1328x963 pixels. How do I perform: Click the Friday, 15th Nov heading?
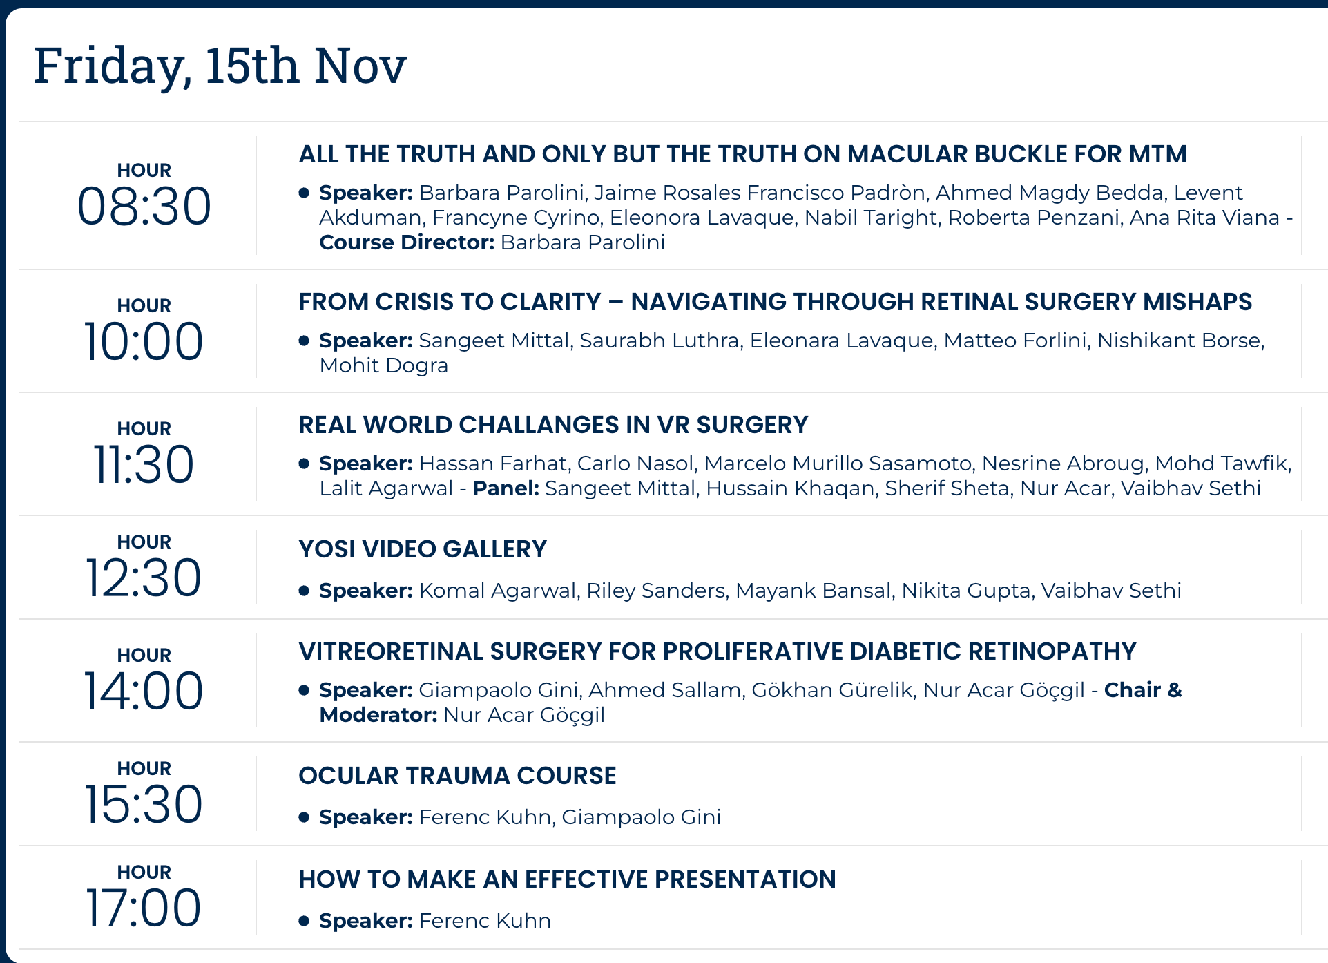click(x=220, y=66)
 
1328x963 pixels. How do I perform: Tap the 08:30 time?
click(x=144, y=206)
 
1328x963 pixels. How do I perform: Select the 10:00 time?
click(x=144, y=341)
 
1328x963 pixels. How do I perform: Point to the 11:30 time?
click(x=144, y=464)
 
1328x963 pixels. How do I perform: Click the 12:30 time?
click(x=144, y=578)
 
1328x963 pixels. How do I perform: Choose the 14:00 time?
click(x=144, y=691)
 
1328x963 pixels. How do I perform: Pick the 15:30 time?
click(x=144, y=804)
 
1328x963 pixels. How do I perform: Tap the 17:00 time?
click(x=144, y=908)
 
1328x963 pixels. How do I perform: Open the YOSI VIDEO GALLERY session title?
click(x=423, y=549)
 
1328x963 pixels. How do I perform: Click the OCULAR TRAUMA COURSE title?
click(x=457, y=776)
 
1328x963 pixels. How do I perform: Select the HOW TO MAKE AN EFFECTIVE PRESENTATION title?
click(x=567, y=879)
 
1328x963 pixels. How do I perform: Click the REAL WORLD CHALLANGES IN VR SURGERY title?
click(x=553, y=425)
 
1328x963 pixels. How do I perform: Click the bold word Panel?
click(x=506, y=488)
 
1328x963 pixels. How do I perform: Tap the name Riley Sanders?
click(x=656, y=591)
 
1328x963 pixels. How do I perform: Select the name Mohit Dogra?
click(x=384, y=365)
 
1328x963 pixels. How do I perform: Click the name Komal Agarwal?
click(x=497, y=591)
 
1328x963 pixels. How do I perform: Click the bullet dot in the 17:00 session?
click(x=304, y=921)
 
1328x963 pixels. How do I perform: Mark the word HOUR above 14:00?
click(x=144, y=655)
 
